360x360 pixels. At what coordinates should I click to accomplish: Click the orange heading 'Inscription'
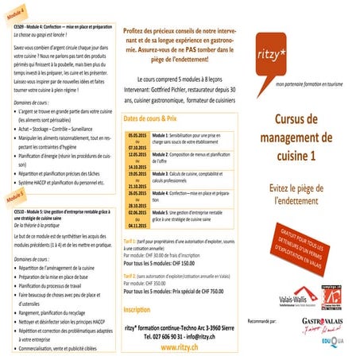[137, 308]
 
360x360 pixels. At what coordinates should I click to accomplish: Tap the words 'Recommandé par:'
[263, 320]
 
